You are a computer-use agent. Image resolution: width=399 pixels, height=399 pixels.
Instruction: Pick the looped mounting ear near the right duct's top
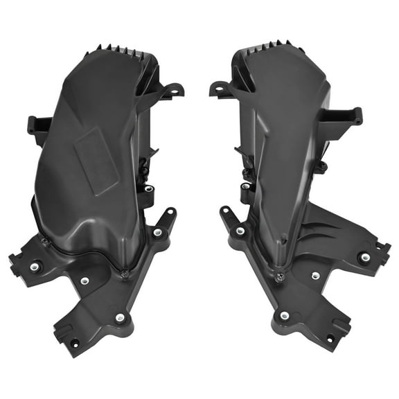pos(220,89)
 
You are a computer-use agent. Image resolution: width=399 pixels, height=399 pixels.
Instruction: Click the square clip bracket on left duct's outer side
pos(38,126)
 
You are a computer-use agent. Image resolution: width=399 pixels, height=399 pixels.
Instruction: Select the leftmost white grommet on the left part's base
pos(35,266)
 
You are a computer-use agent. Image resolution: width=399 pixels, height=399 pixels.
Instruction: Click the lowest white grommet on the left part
pos(121,317)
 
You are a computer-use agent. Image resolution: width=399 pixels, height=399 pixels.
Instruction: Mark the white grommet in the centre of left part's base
pos(85,281)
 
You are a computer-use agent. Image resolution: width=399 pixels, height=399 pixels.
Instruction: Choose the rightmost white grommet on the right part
pos(364,257)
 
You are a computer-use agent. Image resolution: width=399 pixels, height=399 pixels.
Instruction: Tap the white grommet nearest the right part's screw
pos(316,276)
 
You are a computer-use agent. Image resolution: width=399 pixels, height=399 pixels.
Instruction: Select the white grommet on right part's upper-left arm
pos(240,231)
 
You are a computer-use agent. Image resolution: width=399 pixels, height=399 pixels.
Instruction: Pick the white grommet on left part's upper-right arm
pos(159,233)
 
